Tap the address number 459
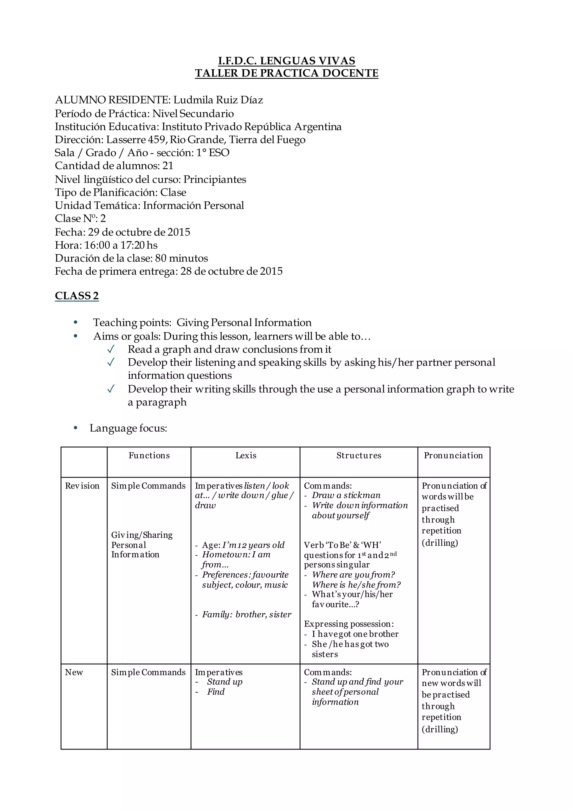(x=157, y=140)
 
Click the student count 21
(x=168, y=166)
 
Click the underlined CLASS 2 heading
(x=77, y=296)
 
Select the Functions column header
(x=149, y=455)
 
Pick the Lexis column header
(x=246, y=455)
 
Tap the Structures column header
(x=359, y=455)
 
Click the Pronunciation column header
(x=453, y=455)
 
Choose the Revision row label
(x=82, y=486)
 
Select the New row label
(x=74, y=672)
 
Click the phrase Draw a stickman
(x=346, y=495)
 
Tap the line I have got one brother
(x=355, y=634)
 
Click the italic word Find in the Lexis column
(x=216, y=692)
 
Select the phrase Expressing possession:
(x=349, y=624)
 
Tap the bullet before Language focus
(x=75, y=428)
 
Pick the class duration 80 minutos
(x=181, y=258)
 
